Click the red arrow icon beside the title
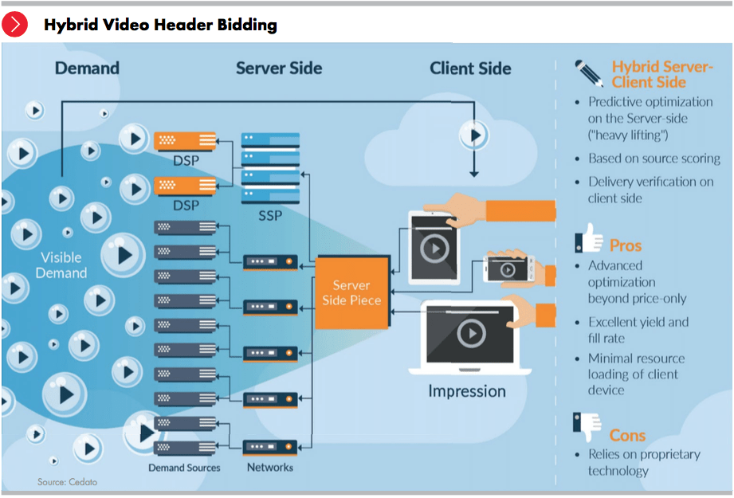[15, 25]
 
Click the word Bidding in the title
[247, 25]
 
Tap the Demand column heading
[87, 68]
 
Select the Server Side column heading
[279, 68]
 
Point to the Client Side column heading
[470, 68]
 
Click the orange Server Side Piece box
[351, 292]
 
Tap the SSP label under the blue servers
[271, 216]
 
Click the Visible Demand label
[61, 265]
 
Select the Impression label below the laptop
[467, 391]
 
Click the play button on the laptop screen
[471, 332]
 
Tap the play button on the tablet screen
[434, 249]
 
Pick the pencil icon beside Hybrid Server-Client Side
[590, 74]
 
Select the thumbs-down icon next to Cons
[587, 428]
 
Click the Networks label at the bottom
[270, 468]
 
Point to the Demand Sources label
[185, 468]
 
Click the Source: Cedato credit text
[67, 482]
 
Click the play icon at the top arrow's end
[475, 135]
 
